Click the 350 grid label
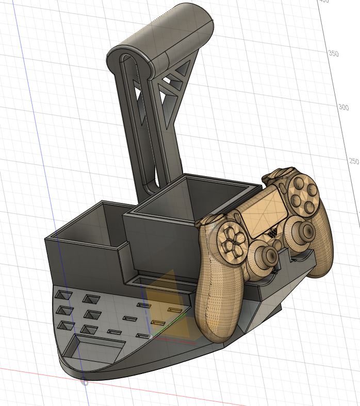point(334,54)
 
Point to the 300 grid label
point(343,107)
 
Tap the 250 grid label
point(353,161)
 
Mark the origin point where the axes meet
point(85,382)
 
